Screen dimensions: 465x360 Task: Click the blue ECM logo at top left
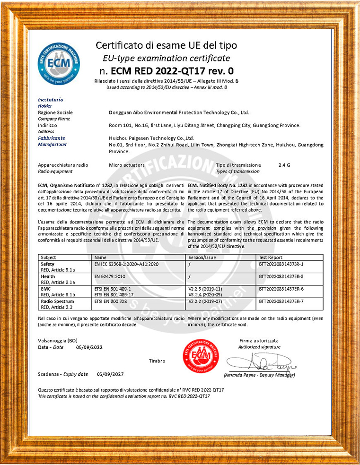click(58, 63)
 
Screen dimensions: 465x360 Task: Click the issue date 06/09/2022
click(89, 346)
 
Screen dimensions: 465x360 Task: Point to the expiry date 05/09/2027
click(110, 374)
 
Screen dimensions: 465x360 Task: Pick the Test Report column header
click(271, 258)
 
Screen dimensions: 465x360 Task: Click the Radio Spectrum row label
click(57, 301)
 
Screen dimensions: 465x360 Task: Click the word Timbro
click(157, 361)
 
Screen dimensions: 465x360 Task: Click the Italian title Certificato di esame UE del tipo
click(167, 46)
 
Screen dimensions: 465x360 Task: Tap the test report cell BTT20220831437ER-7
click(281, 301)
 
